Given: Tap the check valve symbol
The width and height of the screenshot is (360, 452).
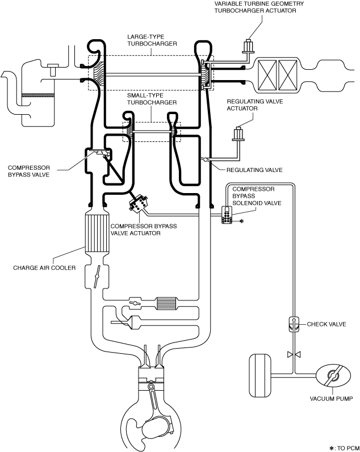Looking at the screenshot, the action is tap(294, 324).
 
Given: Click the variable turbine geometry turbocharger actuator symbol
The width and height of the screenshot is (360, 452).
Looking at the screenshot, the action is tap(248, 47).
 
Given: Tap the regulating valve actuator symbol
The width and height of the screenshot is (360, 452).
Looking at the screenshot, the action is tap(238, 134).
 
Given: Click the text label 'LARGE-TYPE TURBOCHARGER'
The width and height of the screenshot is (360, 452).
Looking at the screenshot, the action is tap(152, 40).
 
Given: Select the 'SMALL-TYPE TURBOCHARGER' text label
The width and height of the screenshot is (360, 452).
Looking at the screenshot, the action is tap(152, 99).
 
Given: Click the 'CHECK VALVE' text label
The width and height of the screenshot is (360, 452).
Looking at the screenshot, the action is tap(326, 324).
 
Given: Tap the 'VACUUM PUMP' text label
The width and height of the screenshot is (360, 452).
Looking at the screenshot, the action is tap(331, 399).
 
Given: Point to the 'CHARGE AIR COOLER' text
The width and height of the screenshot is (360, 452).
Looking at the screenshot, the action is tap(44, 268).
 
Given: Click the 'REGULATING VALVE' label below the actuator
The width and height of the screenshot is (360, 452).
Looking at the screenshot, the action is tap(254, 170).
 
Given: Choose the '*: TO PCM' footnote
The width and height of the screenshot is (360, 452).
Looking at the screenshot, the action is tap(344, 448).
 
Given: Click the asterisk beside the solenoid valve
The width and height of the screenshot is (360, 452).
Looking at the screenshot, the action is tap(242, 221).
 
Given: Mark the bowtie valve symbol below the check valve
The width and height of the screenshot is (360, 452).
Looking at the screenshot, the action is tap(294, 354).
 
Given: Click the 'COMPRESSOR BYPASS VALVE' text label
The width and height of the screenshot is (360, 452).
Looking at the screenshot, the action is tap(29, 171).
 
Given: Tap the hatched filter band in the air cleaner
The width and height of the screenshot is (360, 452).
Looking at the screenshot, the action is tap(37, 95).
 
